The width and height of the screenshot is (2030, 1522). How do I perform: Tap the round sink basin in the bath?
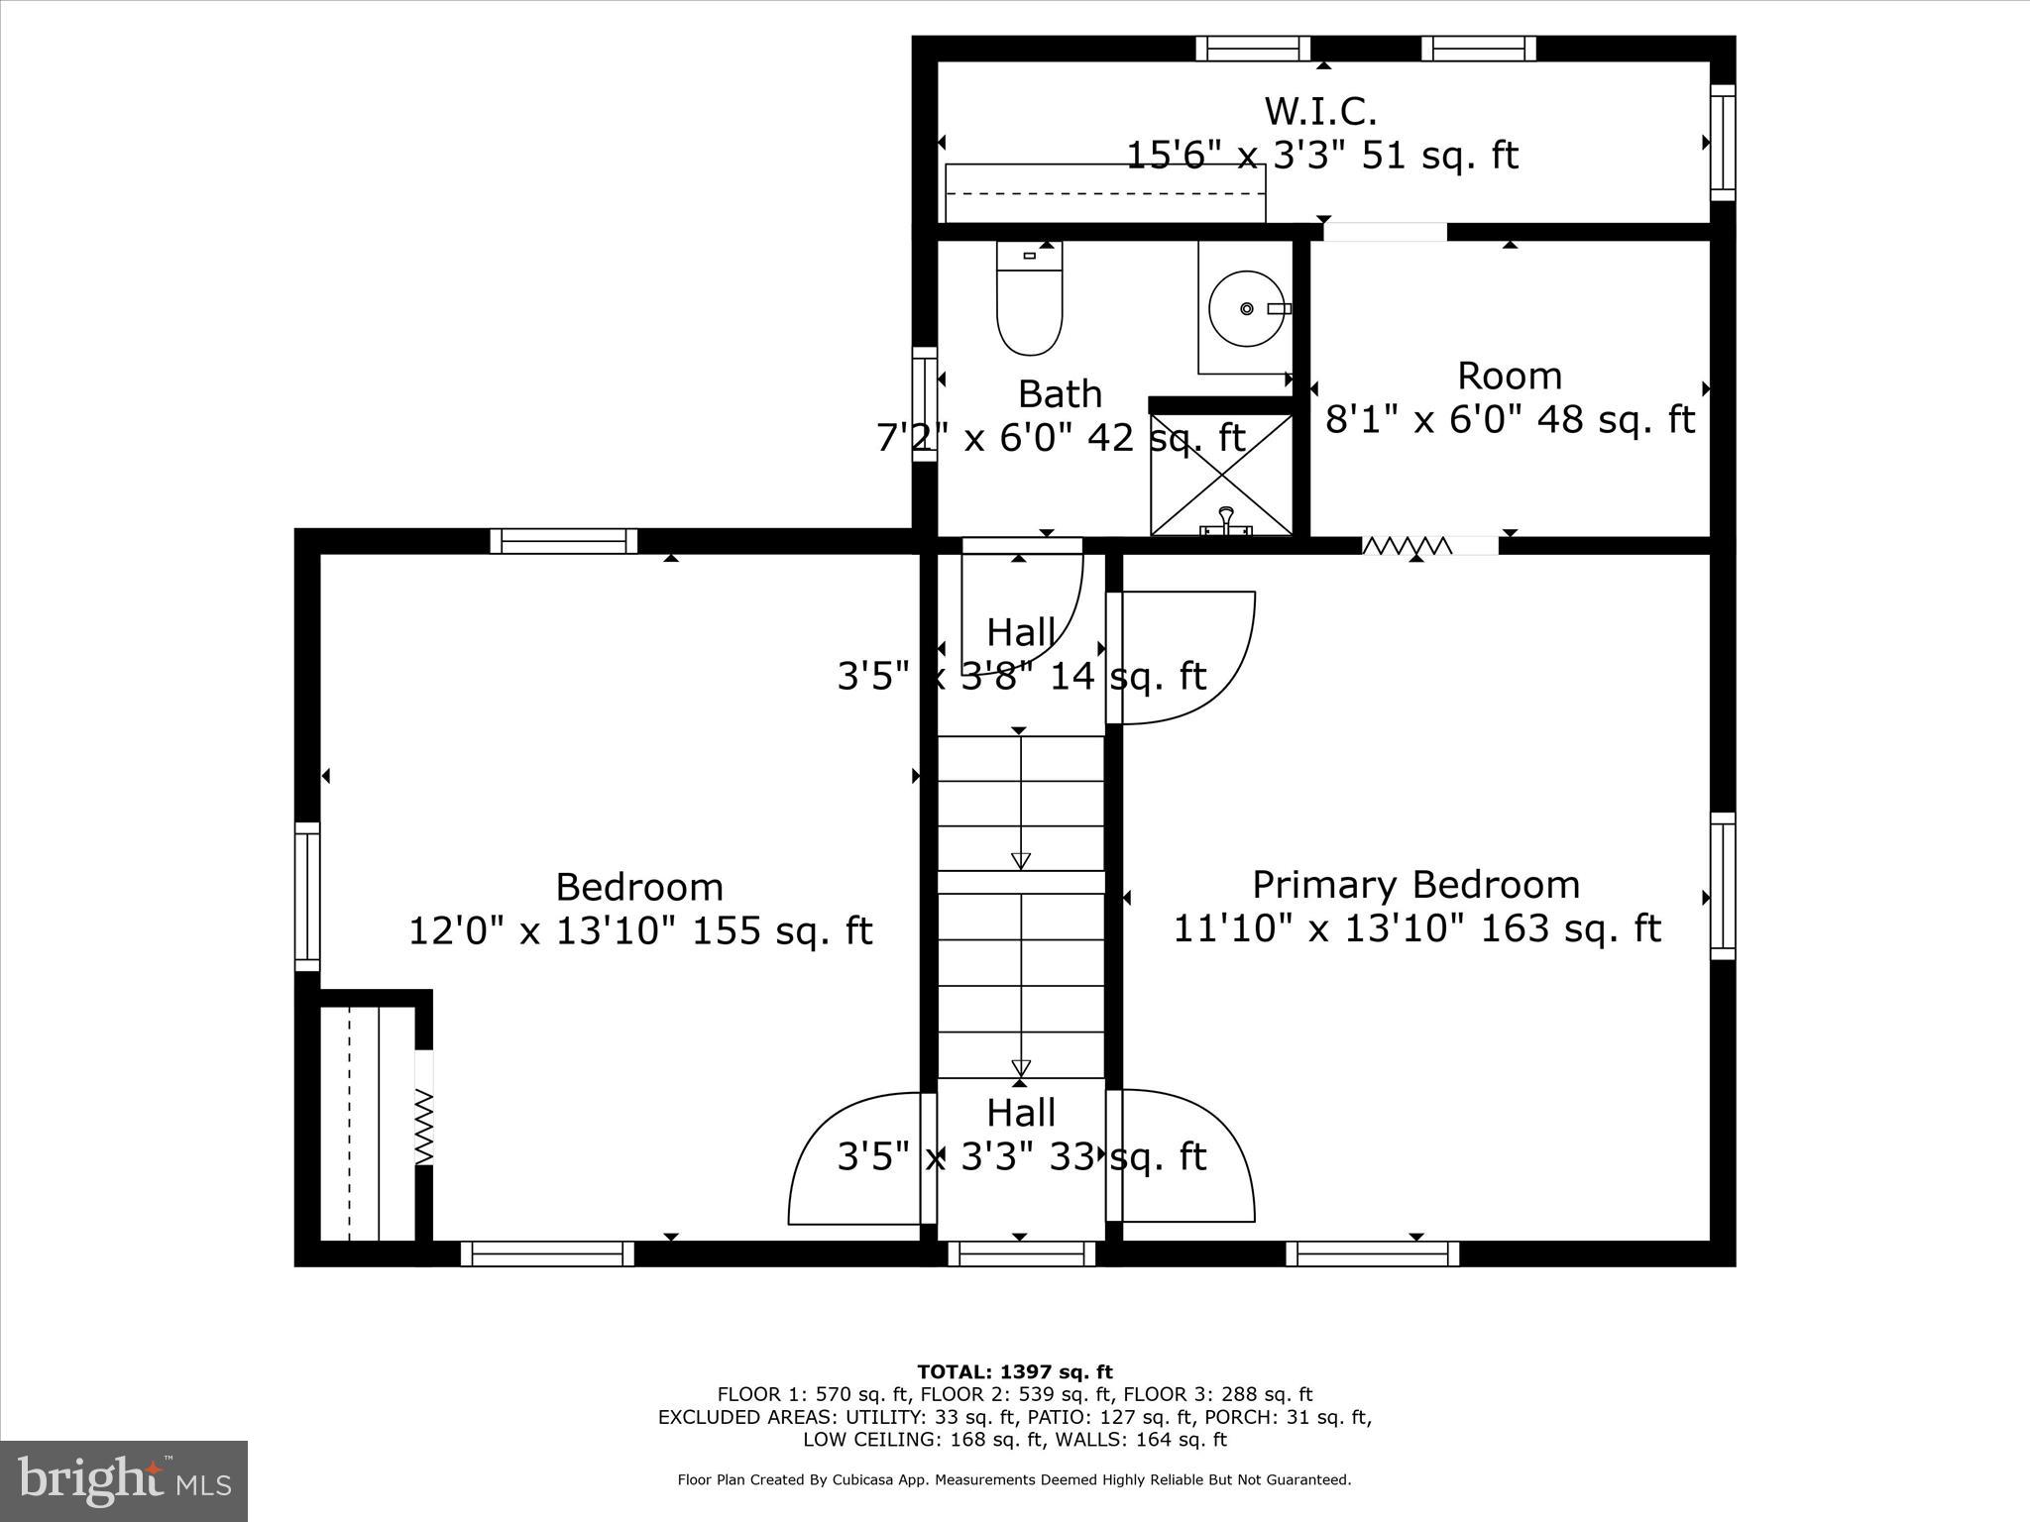[x=1246, y=309]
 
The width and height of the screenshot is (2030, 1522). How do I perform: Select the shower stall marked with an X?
[x=1221, y=474]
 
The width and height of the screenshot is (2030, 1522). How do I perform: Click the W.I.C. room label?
[x=1320, y=111]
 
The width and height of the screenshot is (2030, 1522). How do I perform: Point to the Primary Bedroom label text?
[x=1415, y=884]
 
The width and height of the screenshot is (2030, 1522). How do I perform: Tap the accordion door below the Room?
[x=1408, y=545]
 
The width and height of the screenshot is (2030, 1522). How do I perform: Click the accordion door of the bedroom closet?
[x=423, y=1127]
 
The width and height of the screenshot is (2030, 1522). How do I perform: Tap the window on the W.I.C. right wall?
[x=1723, y=143]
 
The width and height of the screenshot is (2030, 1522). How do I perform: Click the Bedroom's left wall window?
[x=307, y=896]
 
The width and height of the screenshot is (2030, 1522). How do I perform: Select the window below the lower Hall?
[x=1021, y=1253]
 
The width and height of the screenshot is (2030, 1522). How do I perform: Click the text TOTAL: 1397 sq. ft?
[x=1014, y=1372]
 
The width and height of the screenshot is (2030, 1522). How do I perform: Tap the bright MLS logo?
[x=124, y=1480]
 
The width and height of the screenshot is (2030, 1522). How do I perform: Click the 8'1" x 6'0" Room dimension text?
[x=1509, y=420]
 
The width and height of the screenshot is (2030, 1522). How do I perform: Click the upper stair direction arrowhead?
[x=1020, y=860]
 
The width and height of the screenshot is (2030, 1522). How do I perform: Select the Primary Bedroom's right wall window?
[x=1723, y=886]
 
